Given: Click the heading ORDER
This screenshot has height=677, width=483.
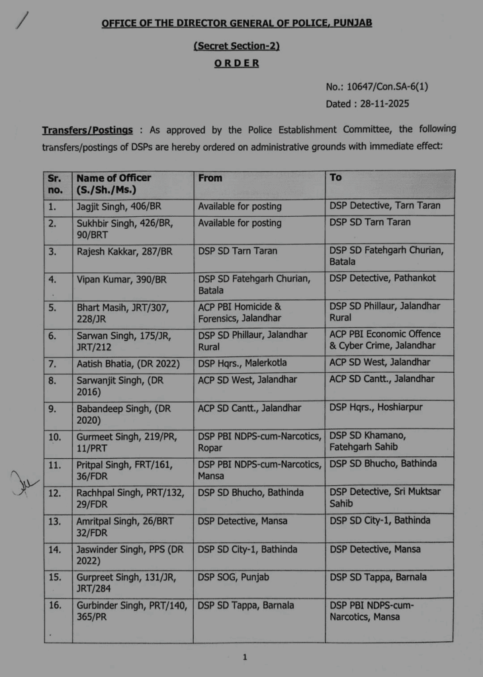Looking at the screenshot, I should [236, 63].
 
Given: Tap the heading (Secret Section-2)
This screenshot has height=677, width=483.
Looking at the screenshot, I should [236, 46].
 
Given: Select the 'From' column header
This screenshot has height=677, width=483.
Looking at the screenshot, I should [210, 178].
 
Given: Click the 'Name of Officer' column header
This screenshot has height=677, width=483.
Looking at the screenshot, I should [113, 178].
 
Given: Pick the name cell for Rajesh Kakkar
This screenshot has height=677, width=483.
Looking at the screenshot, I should [124, 251].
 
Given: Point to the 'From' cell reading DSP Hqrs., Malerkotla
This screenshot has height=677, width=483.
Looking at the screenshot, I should [242, 363].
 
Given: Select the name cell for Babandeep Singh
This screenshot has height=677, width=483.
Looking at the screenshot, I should [123, 414].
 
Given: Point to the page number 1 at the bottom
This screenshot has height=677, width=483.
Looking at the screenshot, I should [244, 657].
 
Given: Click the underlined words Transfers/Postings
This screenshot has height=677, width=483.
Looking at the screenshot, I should [87, 130].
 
